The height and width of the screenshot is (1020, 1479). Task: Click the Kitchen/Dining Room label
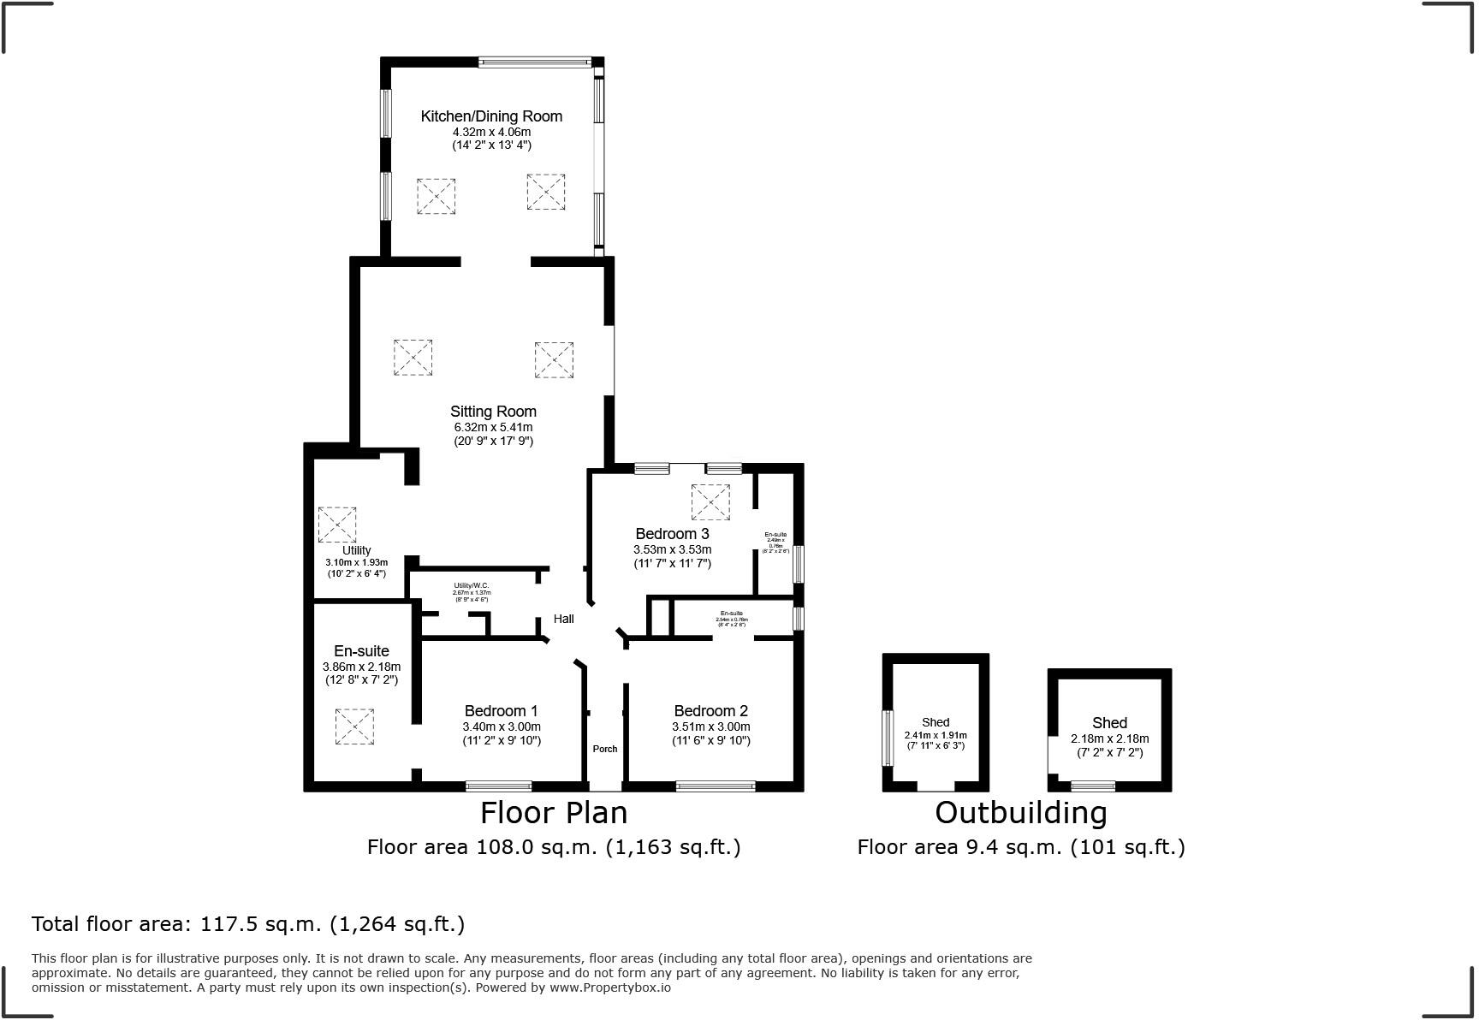point(491,116)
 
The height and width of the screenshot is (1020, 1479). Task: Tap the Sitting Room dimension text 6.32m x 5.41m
point(493,427)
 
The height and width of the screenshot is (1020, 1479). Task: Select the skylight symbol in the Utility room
point(337,525)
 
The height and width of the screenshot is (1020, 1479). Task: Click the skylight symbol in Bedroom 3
point(710,502)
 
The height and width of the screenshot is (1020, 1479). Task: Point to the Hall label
point(563,619)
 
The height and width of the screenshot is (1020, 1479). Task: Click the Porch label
point(605,749)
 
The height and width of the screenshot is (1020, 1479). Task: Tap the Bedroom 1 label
point(501,711)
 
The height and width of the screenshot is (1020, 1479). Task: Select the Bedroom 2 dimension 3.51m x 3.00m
point(710,726)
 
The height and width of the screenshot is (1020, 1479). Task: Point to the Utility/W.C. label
point(472,586)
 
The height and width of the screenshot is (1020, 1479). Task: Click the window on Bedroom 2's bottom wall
point(716,786)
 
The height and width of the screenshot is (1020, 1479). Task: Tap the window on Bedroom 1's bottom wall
point(498,786)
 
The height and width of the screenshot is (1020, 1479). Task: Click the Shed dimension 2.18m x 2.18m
point(1109,738)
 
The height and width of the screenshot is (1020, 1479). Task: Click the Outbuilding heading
point(1020,812)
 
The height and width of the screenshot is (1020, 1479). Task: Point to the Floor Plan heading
point(553,812)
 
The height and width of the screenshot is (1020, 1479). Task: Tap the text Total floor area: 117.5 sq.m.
point(247,924)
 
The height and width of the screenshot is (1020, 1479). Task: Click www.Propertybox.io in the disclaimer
point(610,987)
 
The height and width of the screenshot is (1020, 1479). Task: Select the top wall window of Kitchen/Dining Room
point(534,62)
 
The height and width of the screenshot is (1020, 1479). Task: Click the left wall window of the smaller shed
point(888,738)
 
